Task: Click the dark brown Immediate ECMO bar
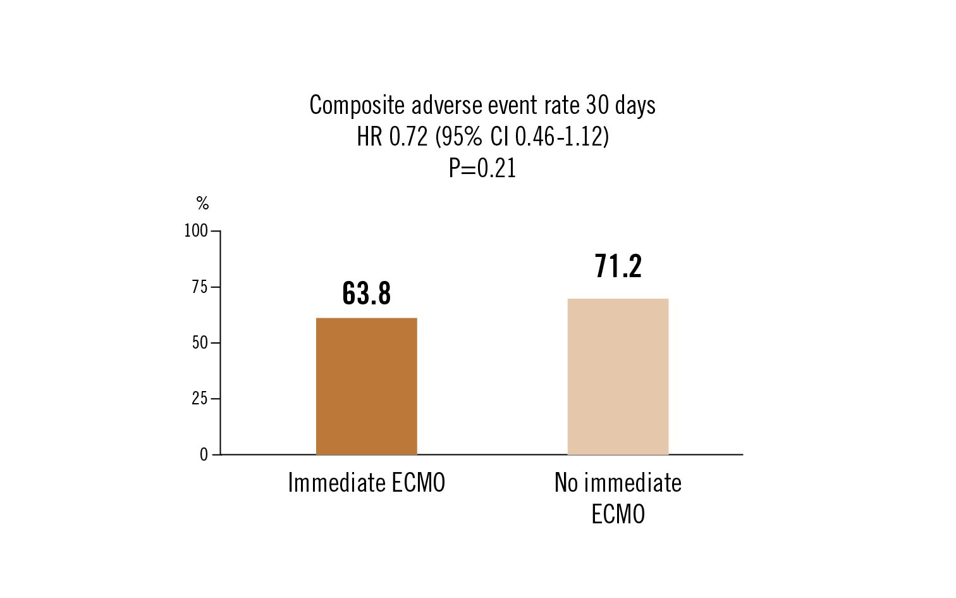(x=366, y=386)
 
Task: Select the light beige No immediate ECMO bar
(x=618, y=377)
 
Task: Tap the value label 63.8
(x=366, y=294)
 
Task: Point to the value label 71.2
(x=618, y=266)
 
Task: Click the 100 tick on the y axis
(x=196, y=231)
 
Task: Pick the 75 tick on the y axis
(x=200, y=287)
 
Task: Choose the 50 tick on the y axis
(x=200, y=343)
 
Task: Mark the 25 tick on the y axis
(x=200, y=399)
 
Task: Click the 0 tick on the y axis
(x=204, y=454)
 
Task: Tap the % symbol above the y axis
(x=202, y=203)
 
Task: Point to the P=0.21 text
(x=482, y=168)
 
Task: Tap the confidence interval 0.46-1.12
(x=559, y=137)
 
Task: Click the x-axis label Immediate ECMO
(x=366, y=483)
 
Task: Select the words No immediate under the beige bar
(x=618, y=483)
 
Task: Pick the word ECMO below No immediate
(x=618, y=514)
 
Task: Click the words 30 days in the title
(x=620, y=105)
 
